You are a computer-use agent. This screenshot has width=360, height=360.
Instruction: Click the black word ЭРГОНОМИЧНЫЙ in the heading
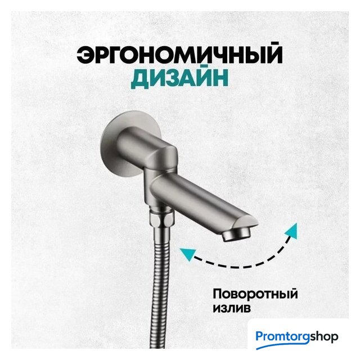[x=179, y=53]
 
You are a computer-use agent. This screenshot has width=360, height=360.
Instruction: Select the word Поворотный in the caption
[x=255, y=294]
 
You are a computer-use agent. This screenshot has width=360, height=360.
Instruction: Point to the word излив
[x=231, y=308]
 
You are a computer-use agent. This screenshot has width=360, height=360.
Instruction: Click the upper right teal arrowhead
[x=291, y=231]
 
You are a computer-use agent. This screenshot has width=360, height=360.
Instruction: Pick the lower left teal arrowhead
[x=188, y=254]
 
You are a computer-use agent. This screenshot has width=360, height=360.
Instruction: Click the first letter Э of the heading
[x=85, y=55]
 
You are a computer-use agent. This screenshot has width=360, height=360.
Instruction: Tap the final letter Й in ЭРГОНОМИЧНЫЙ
[x=274, y=53]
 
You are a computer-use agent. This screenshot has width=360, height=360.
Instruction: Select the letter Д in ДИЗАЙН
[x=139, y=79]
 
